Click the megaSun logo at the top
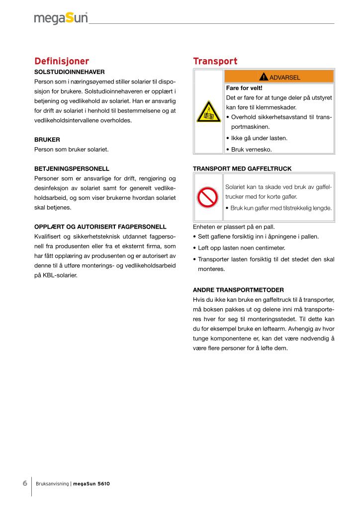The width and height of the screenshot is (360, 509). [61, 18]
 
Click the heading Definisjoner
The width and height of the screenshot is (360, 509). [61, 61]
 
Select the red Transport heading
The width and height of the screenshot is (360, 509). [215, 61]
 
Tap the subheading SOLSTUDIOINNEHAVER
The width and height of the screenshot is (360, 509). [69, 72]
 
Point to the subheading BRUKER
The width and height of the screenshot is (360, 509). [47, 140]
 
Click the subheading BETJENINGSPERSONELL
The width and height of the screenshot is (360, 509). [72, 169]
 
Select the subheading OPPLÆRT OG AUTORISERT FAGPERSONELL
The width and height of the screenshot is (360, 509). [100, 227]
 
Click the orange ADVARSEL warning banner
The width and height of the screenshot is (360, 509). [279, 77]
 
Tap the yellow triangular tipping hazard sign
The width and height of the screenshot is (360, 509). [209, 112]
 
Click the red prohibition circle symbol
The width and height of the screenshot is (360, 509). [209, 197]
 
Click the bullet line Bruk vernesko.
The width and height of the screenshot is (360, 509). [251, 149]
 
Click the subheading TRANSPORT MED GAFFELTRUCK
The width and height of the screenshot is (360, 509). [242, 169]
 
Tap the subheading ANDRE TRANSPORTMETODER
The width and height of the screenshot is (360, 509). [238, 289]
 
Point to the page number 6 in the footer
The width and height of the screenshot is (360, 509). [25, 483]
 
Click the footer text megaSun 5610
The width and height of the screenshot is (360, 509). [91, 483]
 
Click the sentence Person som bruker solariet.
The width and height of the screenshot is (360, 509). [71, 149]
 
